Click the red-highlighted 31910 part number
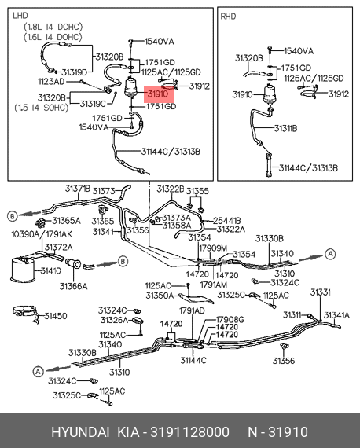click(x=158, y=94)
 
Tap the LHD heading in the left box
click(x=20, y=16)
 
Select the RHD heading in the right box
click(x=228, y=17)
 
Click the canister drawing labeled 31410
click(x=22, y=268)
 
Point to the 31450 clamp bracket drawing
click(x=26, y=314)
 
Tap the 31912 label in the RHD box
click(x=339, y=94)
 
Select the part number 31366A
click(x=73, y=286)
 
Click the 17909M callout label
click(x=213, y=248)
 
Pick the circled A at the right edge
click(x=330, y=254)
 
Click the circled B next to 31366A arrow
click(x=123, y=261)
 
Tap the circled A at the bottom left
click(x=38, y=372)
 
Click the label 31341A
click(x=336, y=315)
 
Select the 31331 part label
click(x=321, y=292)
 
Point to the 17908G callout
click(x=230, y=319)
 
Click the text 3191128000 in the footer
click(x=189, y=432)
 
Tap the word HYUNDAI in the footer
click(x=80, y=432)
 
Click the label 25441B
click(x=227, y=221)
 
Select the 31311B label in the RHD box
click(x=285, y=129)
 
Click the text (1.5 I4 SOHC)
click(x=42, y=108)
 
